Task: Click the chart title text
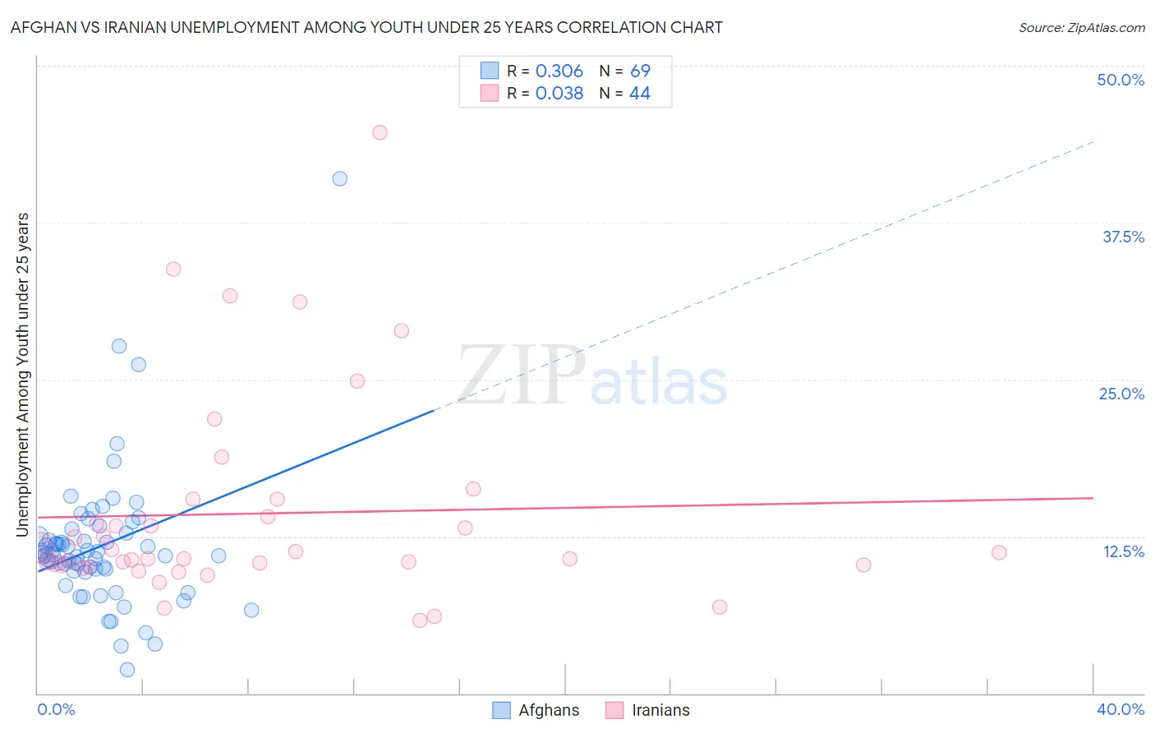pyautogui.click(x=366, y=27)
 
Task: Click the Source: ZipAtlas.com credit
pyautogui.click(x=1081, y=28)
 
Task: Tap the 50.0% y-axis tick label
pyautogui.click(x=1120, y=80)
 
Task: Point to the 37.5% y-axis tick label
pyautogui.click(x=1123, y=237)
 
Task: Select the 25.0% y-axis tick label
pyautogui.click(x=1121, y=394)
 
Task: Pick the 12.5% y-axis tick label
pyautogui.click(x=1123, y=551)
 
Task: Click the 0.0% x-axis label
pyautogui.click(x=56, y=709)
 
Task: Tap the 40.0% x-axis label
pyautogui.click(x=1120, y=709)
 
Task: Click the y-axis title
pyautogui.click(x=23, y=375)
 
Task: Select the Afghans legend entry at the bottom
pyautogui.click(x=536, y=710)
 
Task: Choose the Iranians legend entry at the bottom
pyautogui.click(x=647, y=710)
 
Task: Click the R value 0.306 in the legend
pyautogui.click(x=559, y=71)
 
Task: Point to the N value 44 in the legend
pyautogui.click(x=639, y=94)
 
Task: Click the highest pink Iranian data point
pyautogui.click(x=380, y=132)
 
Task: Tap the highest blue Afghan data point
pyautogui.click(x=339, y=178)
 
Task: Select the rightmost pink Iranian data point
pyautogui.click(x=999, y=552)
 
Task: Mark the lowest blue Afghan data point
pyautogui.click(x=127, y=670)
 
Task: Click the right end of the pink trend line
pyautogui.click(x=1093, y=498)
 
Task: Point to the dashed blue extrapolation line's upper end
pyautogui.click(x=1093, y=142)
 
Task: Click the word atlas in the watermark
pyautogui.click(x=659, y=383)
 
